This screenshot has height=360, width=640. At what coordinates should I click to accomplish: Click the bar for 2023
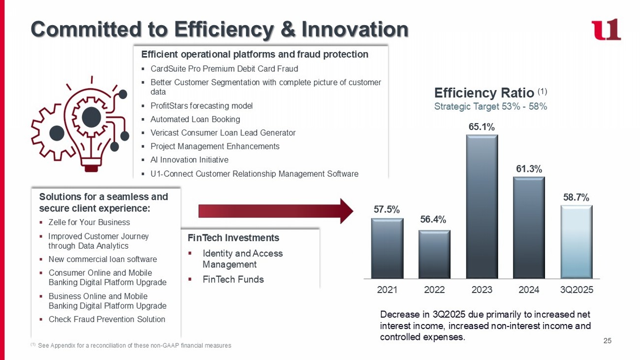tap(482, 207)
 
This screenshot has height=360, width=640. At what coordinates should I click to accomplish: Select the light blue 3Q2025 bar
tap(576, 242)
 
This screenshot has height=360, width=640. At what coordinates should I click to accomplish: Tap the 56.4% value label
tap(433, 220)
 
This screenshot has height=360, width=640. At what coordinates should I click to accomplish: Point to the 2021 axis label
tap(387, 290)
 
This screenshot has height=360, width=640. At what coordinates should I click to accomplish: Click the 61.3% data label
tap(529, 169)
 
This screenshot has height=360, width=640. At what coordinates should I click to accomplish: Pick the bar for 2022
tap(434, 254)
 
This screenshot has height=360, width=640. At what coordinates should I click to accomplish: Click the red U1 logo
tap(606, 30)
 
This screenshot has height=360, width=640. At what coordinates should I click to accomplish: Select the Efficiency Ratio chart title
tap(484, 93)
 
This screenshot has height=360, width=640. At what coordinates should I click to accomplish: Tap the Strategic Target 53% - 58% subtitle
tap(490, 106)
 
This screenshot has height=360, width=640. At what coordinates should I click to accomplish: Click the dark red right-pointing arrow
tap(276, 211)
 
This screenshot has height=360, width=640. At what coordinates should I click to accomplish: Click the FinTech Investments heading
tap(233, 238)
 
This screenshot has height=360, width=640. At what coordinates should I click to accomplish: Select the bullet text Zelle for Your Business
tap(89, 223)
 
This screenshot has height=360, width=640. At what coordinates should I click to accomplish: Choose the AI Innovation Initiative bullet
tap(189, 160)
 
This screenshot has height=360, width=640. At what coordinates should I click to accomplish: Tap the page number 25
tap(607, 341)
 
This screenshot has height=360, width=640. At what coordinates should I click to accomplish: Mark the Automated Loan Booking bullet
tap(195, 119)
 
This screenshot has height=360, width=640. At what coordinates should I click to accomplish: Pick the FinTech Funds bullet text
tap(233, 280)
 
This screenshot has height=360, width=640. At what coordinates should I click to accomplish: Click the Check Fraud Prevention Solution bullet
tap(107, 320)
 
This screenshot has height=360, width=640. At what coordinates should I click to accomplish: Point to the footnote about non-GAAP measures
tap(133, 346)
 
